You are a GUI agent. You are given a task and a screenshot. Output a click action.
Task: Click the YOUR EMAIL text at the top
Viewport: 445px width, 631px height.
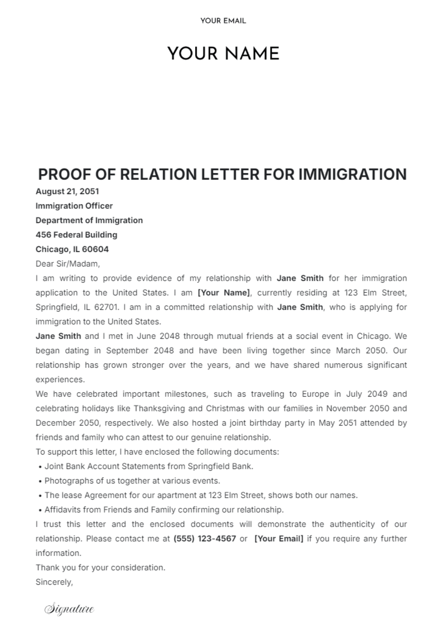click(x=223, y=21)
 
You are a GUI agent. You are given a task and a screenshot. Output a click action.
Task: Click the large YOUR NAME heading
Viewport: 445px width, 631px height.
click(x=223, y=54)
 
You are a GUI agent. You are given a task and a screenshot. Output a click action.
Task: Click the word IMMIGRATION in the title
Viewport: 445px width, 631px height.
click(x=352, y=174)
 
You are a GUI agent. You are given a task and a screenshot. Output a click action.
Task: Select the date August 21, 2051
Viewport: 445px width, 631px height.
click(x=67, y=191)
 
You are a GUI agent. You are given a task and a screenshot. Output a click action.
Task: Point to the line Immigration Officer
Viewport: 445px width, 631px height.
click(x=74, y=206)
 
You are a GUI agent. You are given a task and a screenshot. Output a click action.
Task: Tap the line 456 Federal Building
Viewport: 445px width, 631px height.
click(x=76, y=235)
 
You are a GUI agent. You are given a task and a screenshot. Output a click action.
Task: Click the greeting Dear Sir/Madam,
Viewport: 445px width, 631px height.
click(x=68, y=264)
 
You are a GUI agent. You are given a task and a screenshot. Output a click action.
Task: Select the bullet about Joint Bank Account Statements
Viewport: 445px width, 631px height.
click(x=148, y=466)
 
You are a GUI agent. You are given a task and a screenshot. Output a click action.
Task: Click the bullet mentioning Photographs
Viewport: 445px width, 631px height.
click(x=132, y=481)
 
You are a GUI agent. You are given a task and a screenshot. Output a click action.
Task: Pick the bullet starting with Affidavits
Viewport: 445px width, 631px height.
click(x=164, y=510)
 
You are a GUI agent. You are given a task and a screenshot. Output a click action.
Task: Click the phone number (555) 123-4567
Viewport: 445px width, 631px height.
click(x=205, y=539)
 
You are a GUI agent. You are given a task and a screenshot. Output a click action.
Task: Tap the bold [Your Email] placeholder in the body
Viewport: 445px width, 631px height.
click(x=279, y=539)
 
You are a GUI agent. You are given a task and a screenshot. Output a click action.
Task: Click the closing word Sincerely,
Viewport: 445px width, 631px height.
click(x=54, y=582)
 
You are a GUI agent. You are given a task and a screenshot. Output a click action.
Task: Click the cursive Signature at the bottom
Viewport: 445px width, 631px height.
click(x=69, y=609)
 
